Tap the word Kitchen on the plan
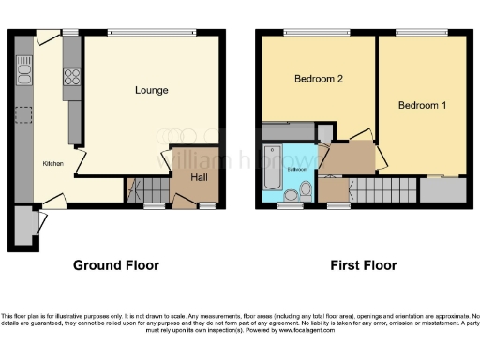53,164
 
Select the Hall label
200,177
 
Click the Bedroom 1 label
422,105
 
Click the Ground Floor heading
116,265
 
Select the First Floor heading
363,265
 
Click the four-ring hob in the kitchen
70,80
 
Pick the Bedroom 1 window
422,34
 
